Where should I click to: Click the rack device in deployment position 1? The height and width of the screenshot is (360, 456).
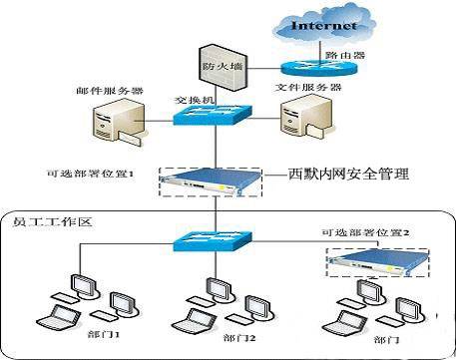click(x=210, y=181)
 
